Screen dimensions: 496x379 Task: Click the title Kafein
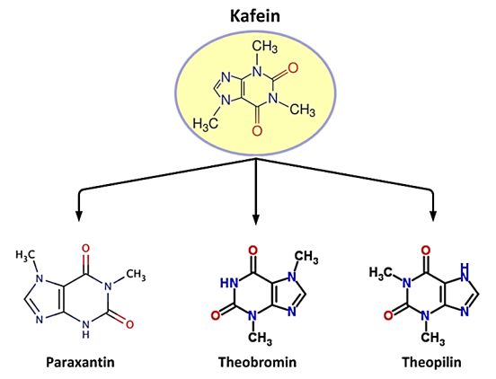(x=255, y=15)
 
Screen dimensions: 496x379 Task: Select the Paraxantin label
(x=80, y=362)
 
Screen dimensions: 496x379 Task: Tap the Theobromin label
(x=258, y=362)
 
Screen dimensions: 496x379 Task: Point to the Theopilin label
(x=431, y=362)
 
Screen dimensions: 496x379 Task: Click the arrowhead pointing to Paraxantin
(x=79, y=216)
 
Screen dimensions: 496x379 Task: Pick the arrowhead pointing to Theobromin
(x=256, y=219)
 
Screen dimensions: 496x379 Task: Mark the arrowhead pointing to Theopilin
(x=433, y=216)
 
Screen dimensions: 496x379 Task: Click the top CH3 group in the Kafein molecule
(x=265, y=47)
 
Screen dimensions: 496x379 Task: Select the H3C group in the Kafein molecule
(x=206, y=124)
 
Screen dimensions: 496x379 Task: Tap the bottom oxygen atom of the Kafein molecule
(x=257, y=130)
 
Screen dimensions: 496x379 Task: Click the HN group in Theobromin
(x=229, y=283)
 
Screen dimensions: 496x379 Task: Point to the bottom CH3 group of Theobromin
(x=260, y=339)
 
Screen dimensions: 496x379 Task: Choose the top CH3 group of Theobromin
(x=306, y=257)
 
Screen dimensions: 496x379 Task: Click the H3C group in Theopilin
(x=381, y=273)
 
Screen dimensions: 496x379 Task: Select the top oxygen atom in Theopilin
(x=426, y=251)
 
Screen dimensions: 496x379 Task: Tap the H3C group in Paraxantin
(x=25, y=255)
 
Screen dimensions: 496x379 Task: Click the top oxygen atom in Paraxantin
(x=85, y=249)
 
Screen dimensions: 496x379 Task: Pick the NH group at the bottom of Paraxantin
(x=85, y=330)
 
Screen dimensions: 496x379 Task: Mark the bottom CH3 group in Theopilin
(x=433, y=339)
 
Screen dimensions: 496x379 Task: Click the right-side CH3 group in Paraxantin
(x=136, y=275)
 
